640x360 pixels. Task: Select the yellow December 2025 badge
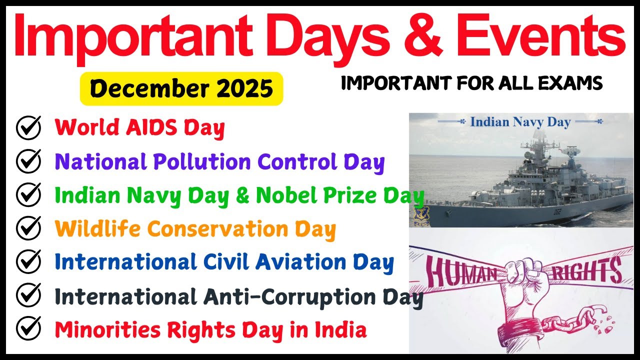point(181,88)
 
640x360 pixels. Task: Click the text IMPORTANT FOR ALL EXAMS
point(471,83)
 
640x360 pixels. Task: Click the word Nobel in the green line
point(285,195)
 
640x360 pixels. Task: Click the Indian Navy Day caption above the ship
point(520,122)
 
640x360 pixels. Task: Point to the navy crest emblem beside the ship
point(418,215)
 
